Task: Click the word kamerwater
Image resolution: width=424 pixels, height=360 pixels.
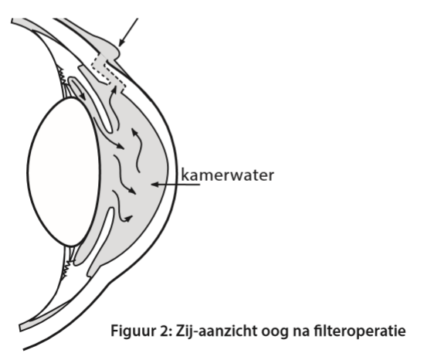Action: pos(227,175)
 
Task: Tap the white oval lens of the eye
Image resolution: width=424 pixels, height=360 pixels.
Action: pos(64,172)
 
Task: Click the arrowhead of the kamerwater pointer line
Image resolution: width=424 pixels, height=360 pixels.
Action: pos(155,185)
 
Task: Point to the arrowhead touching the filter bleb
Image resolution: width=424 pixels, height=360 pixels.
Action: pos(121,42)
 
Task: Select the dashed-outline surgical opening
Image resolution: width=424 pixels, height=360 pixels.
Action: pos(108,72)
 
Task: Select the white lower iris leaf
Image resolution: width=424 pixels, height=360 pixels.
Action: pos(100,241)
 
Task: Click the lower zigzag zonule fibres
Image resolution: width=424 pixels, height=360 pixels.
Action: pos(66,270)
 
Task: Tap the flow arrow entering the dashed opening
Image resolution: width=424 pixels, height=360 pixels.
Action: pos(113,107)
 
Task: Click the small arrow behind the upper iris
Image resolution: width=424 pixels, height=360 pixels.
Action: pos(80,90)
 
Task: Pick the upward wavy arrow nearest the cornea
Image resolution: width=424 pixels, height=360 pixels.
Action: pos(137,150)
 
